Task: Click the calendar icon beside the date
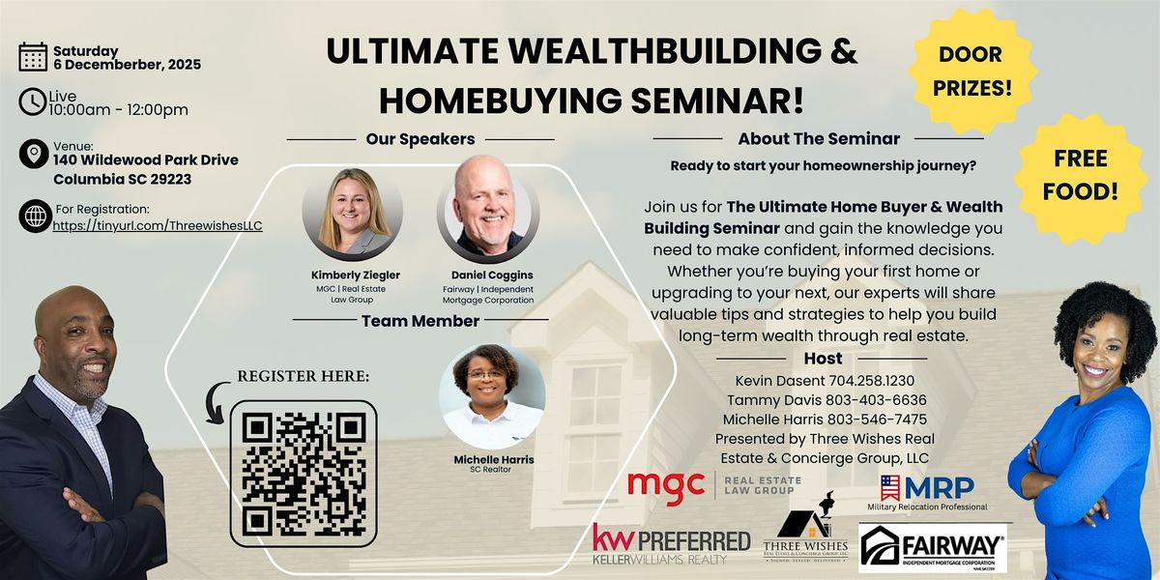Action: [32, 57]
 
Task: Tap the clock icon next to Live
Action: [32, 101]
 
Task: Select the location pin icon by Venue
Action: [34, 155]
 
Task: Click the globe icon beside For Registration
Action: [34, 217]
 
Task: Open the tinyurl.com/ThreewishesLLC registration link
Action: [159, 225]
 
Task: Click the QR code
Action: [304, 474]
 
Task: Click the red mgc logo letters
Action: [666, 484]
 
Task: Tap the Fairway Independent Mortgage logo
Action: [933, 549]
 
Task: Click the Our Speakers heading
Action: [420, 139]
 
